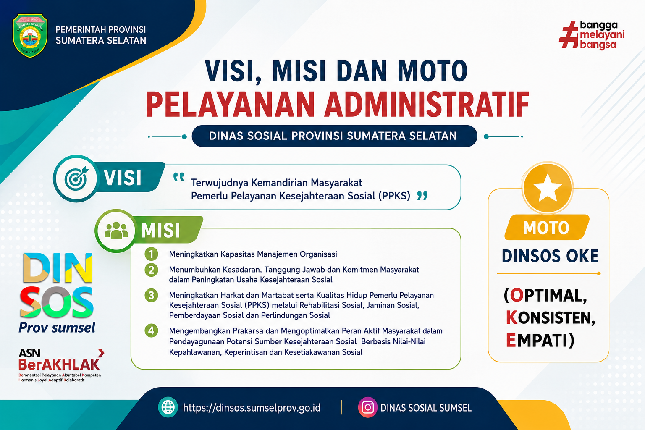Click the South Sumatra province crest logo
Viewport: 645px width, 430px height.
pos(30,35)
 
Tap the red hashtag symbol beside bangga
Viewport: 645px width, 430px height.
pos(569,34)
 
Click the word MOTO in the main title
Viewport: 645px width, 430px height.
pos(433,71)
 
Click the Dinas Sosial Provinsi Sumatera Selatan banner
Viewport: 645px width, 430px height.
pos(334,136)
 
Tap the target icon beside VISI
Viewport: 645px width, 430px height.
pos(76,178)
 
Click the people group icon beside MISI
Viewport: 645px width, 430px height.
pos(116,231)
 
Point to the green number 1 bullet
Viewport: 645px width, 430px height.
pos(151,254)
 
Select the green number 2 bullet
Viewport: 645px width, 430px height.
pos(151,270)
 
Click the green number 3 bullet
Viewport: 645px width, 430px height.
pos(151,295)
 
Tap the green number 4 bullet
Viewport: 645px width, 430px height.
pos(151,330)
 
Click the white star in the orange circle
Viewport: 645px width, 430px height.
pos(548,188)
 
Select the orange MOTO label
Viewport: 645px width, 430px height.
pos(546,228)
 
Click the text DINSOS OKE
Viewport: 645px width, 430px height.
pos(550,256)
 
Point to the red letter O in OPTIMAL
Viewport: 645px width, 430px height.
pos(517,296)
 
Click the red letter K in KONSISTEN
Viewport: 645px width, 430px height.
pos(512,318)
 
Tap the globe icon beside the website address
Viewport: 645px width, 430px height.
pos(168,407)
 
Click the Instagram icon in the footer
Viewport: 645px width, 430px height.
pos(367,407)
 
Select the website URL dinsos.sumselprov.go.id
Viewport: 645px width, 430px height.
pos(252,408)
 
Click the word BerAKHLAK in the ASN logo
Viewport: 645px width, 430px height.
pos(59,364)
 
